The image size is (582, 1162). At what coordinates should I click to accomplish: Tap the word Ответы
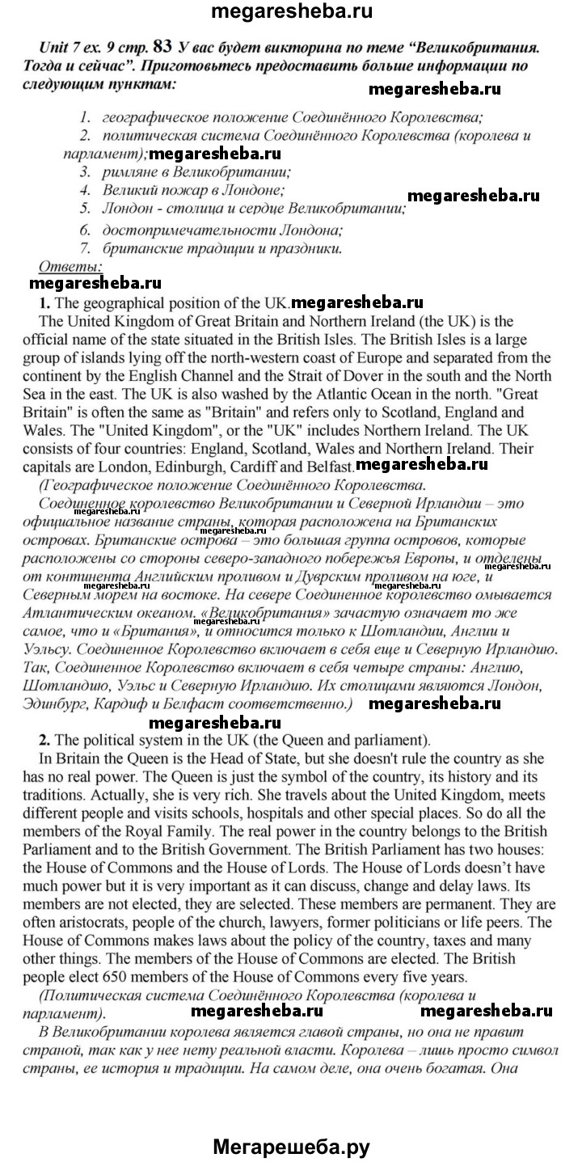(70, 265)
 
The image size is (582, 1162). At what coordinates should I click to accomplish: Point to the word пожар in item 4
(179, 191)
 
